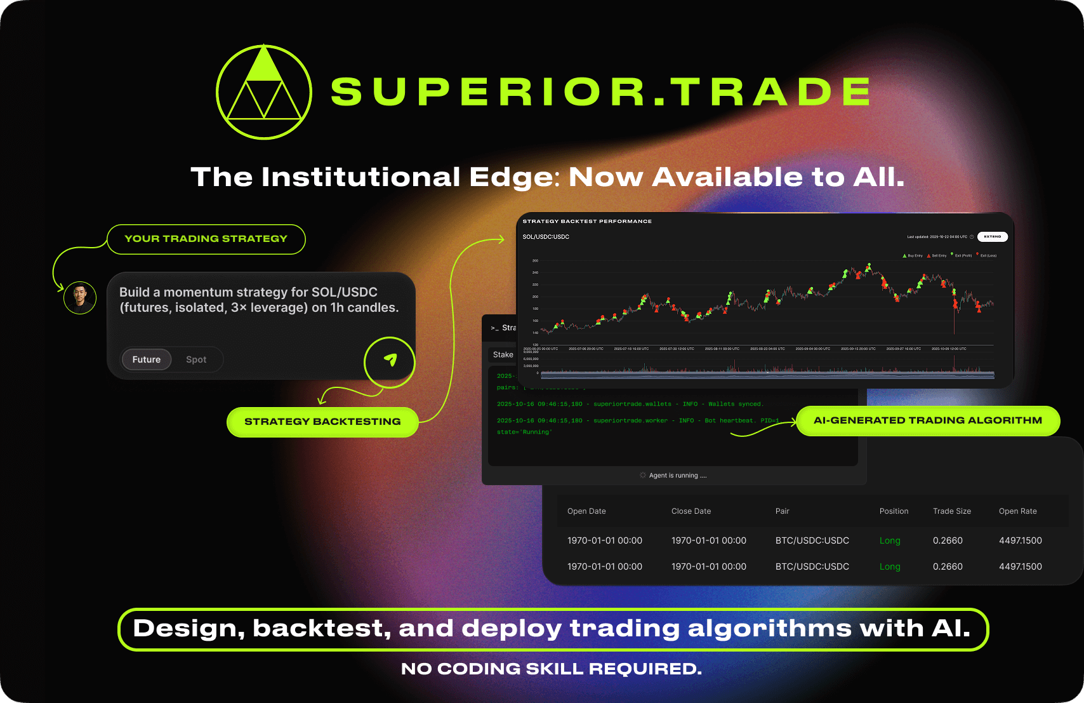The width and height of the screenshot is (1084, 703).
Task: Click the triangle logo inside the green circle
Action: point(264,92)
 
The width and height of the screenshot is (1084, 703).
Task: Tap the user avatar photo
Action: point(80,297)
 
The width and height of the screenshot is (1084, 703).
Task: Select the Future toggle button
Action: point(147,359)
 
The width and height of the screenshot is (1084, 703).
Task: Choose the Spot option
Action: point(196,359)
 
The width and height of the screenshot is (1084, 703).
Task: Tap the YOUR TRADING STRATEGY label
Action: point(206,239)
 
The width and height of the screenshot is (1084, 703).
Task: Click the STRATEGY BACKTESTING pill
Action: point(322,422)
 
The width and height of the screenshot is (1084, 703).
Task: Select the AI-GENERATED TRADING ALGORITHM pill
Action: point(928,420)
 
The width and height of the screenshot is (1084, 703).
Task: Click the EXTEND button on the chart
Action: point(993,237)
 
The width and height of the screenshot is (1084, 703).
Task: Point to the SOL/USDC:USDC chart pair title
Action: point(546,237)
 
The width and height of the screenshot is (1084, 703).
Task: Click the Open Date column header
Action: point(586,511)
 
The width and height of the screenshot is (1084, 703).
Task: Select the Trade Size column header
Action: point(952,511)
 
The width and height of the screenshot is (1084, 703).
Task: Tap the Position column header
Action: point(894,511)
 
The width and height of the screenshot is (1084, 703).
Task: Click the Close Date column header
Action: point(691,511)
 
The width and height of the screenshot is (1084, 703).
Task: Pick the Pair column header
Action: point(783,511)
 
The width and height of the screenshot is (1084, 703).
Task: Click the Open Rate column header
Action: point(1018,511)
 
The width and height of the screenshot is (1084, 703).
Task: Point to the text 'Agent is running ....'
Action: point(677,476)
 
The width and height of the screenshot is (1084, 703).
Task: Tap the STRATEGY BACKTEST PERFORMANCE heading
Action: point(587,222)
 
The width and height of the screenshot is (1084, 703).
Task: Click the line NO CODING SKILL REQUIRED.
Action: point(552,669)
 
